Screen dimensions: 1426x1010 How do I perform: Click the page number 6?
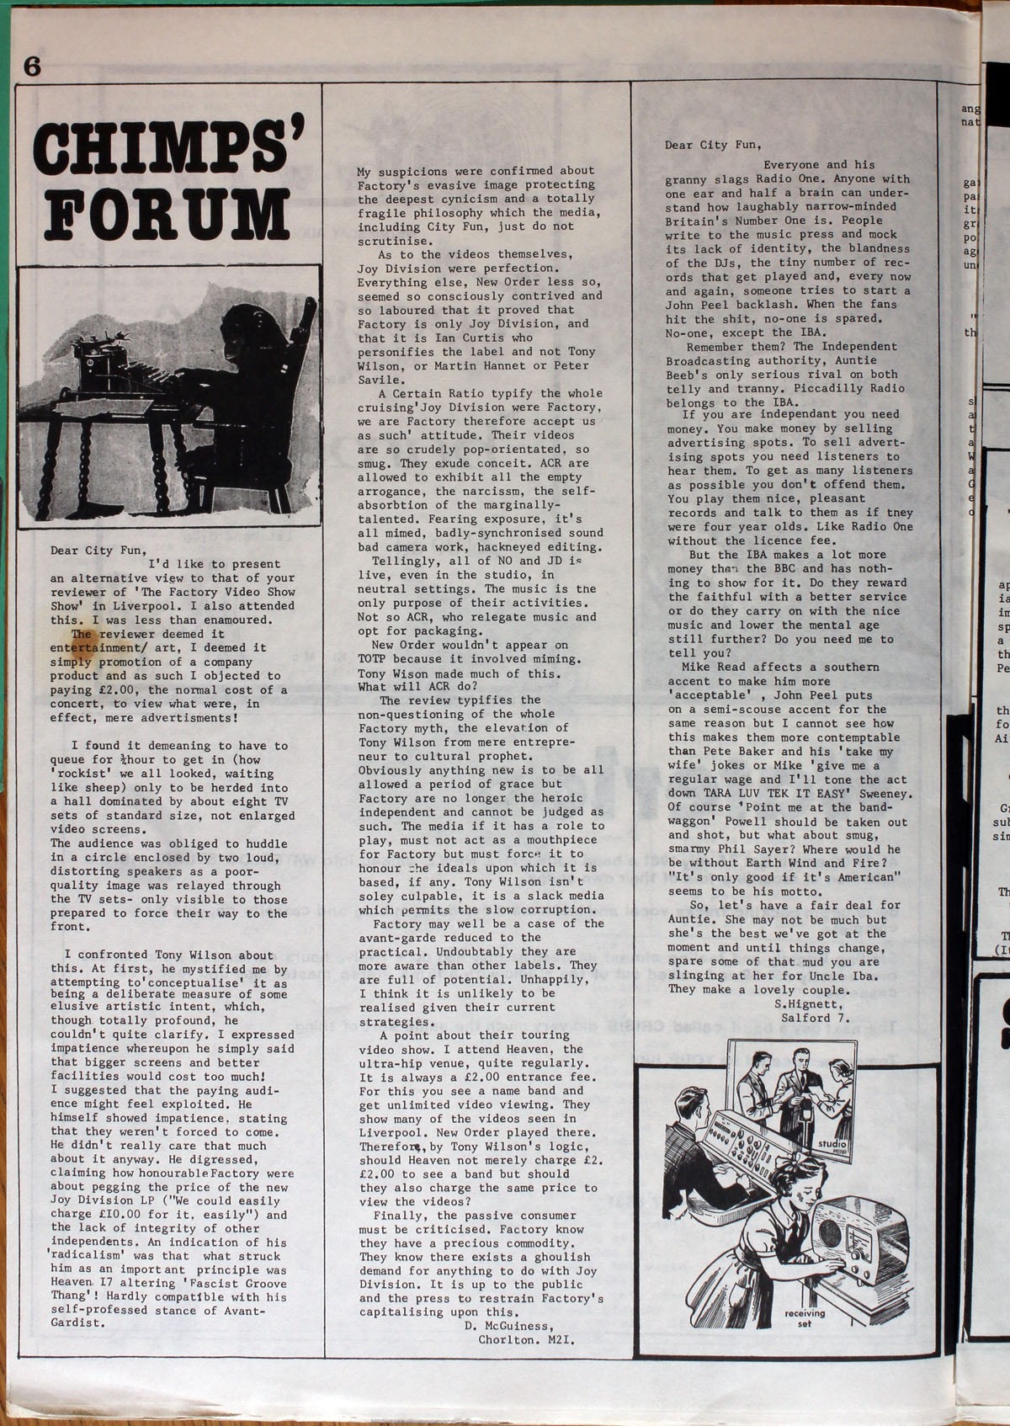coord(32,67)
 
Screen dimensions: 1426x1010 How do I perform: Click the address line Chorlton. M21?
coord(526,1339)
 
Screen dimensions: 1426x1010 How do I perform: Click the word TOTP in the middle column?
coord(373,659)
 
